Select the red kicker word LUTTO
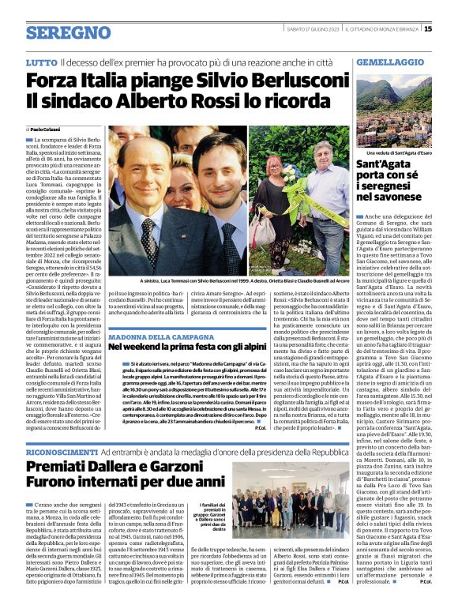(40, 62)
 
